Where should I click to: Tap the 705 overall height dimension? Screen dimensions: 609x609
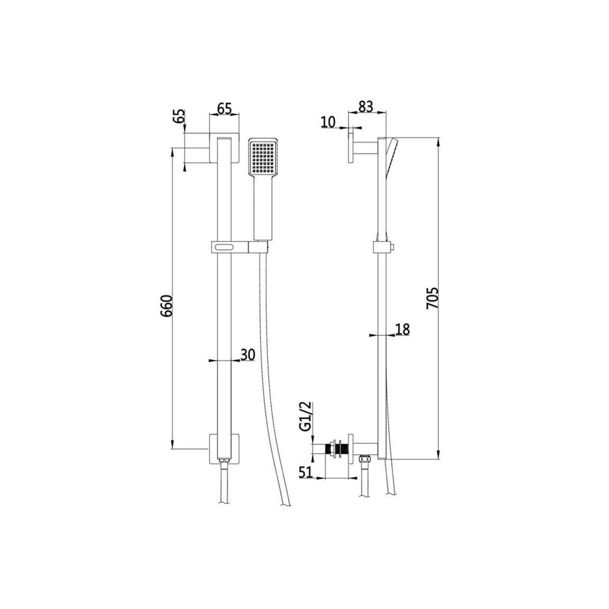click(x=433, y=299)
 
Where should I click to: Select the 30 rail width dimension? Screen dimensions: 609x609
click(x=247, y=354)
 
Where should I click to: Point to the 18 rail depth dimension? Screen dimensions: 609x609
click(x=402, y=329)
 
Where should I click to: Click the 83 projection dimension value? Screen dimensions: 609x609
click(x=365, y=106)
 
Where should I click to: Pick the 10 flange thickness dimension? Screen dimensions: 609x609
click(x=328, y=121)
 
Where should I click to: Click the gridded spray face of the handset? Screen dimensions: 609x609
click(x=263, y=156)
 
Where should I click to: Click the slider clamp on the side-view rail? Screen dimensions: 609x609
click(x=382, y=247)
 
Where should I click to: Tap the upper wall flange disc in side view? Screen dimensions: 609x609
click(x=351, y=147)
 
